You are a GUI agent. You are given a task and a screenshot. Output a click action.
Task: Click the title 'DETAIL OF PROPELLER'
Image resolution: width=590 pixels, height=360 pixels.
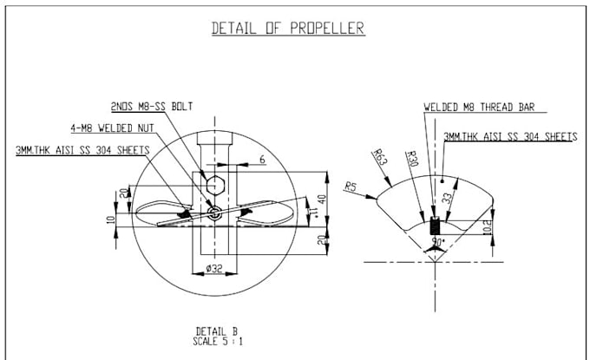coord(288,28)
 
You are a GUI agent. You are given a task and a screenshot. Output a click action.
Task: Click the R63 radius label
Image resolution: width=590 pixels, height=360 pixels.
coord(379,157)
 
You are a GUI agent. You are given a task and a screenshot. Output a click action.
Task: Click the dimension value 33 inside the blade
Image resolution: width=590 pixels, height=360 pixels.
coord(446,197)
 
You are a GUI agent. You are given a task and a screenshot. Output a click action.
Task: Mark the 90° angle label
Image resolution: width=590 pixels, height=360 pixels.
coord(438,240)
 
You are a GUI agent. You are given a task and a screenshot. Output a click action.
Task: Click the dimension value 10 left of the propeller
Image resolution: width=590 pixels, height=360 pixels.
coord(110,219)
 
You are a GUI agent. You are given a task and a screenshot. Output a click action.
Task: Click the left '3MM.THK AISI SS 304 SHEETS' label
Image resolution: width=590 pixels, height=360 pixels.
coord(83,149)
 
